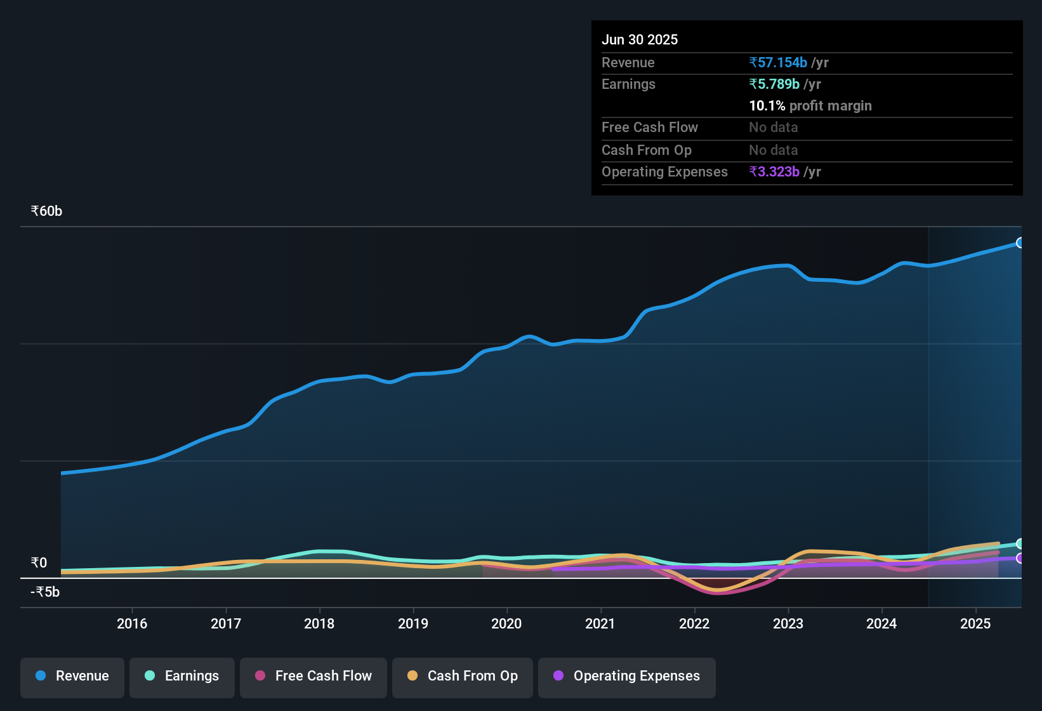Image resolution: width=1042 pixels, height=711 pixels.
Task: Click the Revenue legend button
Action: tap(72, 676)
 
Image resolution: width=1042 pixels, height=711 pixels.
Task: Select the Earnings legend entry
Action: tap(182, 676)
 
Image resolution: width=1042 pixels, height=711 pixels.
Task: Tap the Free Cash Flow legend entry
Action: tap(313, 676)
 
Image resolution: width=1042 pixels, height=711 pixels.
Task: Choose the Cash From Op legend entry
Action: tap(463, 676)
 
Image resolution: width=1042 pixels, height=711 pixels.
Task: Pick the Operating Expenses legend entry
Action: tap(627, 676)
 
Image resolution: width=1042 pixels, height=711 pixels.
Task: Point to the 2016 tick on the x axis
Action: tap(132, 623)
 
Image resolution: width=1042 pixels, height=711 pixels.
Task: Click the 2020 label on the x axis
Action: tap(506, 623)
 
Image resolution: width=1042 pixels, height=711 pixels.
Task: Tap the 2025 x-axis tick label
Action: tap(975, 623)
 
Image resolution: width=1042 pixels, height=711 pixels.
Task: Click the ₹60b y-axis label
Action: tap(46, 211)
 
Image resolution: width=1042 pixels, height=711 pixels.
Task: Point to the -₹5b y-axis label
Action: tap(45, 592)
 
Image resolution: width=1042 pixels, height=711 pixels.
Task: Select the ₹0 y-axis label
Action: tap(39, 563)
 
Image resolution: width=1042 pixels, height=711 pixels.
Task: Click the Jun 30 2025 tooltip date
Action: tap(640, 40)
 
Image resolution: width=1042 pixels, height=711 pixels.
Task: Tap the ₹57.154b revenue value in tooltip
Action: tap(778, 63)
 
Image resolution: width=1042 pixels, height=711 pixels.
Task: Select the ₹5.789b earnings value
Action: tap(774, 84)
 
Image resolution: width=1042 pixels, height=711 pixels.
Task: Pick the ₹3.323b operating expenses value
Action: tap(774, 172)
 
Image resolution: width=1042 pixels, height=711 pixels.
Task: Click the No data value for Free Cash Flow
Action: tap(773, 128)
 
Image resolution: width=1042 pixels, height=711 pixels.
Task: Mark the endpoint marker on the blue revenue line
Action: tap(1020, 243)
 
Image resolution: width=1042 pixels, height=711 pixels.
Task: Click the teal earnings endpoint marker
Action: tap(1020, 543)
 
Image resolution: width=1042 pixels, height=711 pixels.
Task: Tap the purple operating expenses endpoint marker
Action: tap(1020, 558)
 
